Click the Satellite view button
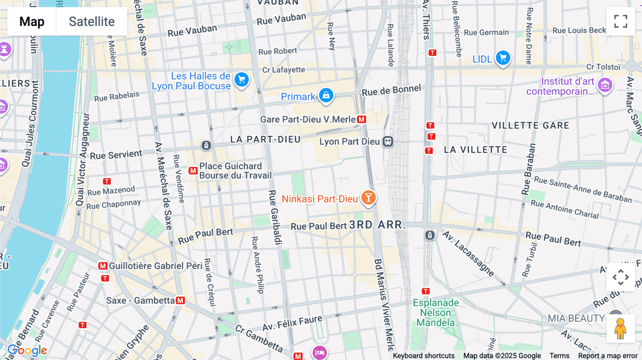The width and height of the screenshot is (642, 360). tap(92, 21)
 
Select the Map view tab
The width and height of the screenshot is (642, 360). tap(32, 21)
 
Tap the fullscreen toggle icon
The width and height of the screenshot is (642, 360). tap(621, 21)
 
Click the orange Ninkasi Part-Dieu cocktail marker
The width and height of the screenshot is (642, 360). tap(368, 197)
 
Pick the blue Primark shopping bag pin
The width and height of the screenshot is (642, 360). tap(326, 95)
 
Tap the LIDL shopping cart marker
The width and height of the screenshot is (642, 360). tap(503, 57)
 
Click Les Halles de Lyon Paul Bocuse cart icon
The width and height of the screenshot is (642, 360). tap(241, 79)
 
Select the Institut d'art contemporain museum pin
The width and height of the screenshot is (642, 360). tap(605, 85)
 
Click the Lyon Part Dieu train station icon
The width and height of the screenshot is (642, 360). tap(388, 142)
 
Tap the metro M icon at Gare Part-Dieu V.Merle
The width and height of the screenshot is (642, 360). tap(362, 119)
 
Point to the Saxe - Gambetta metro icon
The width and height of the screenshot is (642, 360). tap(180, 300)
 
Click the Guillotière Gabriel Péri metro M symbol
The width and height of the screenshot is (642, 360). tap(103, 266)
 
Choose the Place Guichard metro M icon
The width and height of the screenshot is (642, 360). tap(193, 171)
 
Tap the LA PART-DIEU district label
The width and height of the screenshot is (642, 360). tap(265, 139)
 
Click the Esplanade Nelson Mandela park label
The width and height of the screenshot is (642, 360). tap(435, 313)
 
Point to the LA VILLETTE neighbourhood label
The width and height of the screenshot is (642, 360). tap(475, 150)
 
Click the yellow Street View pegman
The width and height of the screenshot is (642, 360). tap(620, 329)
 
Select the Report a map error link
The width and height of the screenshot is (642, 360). tap(607, 356)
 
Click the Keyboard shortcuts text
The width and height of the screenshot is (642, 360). tap(423, 356)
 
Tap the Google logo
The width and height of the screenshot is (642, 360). tap(27, 350)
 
